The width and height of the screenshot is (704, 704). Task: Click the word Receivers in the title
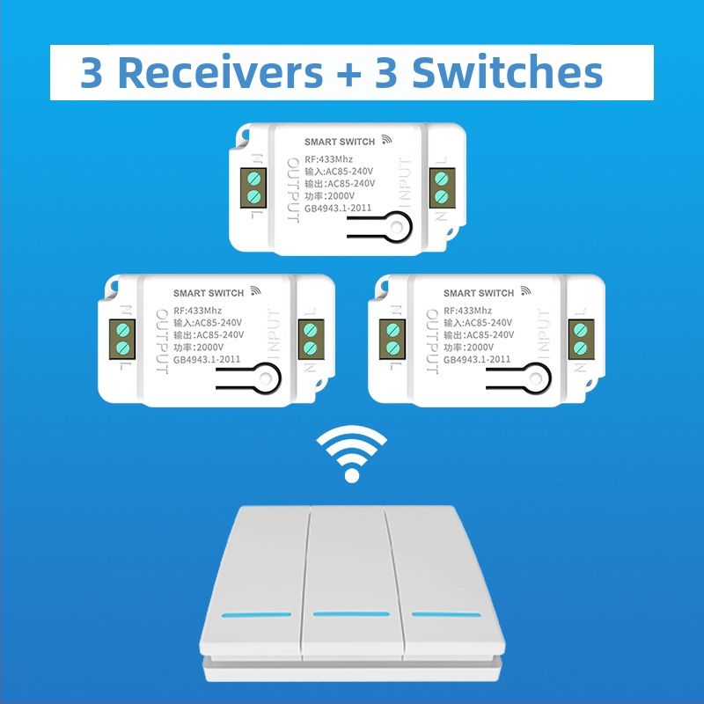click(219, 72)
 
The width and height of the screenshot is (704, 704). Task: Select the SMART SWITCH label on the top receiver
click(340, 142)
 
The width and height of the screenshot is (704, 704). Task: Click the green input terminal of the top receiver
click(441, 188)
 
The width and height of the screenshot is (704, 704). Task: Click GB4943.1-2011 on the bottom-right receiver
click(477, 359)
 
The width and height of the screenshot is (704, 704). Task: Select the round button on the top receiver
click(399, 230)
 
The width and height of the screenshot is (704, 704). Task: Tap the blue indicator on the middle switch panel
click(350, 613)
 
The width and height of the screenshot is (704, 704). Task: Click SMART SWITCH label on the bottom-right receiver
click(479, 293)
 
